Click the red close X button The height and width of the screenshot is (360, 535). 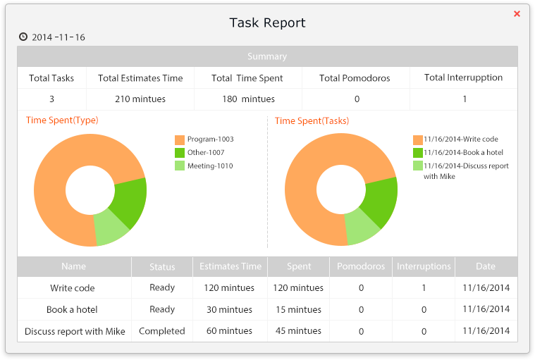517,13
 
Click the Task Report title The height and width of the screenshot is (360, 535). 267,23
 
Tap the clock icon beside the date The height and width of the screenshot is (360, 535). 23,37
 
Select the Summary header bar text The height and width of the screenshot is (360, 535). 267,56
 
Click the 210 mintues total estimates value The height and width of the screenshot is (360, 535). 140,99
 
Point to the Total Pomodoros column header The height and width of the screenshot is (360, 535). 355,78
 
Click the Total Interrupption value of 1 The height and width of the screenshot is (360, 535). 465,99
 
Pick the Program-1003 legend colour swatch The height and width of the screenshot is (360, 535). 180,139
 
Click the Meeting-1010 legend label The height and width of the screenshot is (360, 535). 210,166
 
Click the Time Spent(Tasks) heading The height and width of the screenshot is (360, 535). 312,120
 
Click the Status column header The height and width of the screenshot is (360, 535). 162,267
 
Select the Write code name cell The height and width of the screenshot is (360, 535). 73,288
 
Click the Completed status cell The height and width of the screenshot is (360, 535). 162,331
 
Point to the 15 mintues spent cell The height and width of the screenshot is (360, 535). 299,310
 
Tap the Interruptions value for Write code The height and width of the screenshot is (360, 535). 424,288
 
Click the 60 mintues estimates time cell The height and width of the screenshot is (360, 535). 229,331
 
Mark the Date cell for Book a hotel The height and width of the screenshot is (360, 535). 486,310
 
